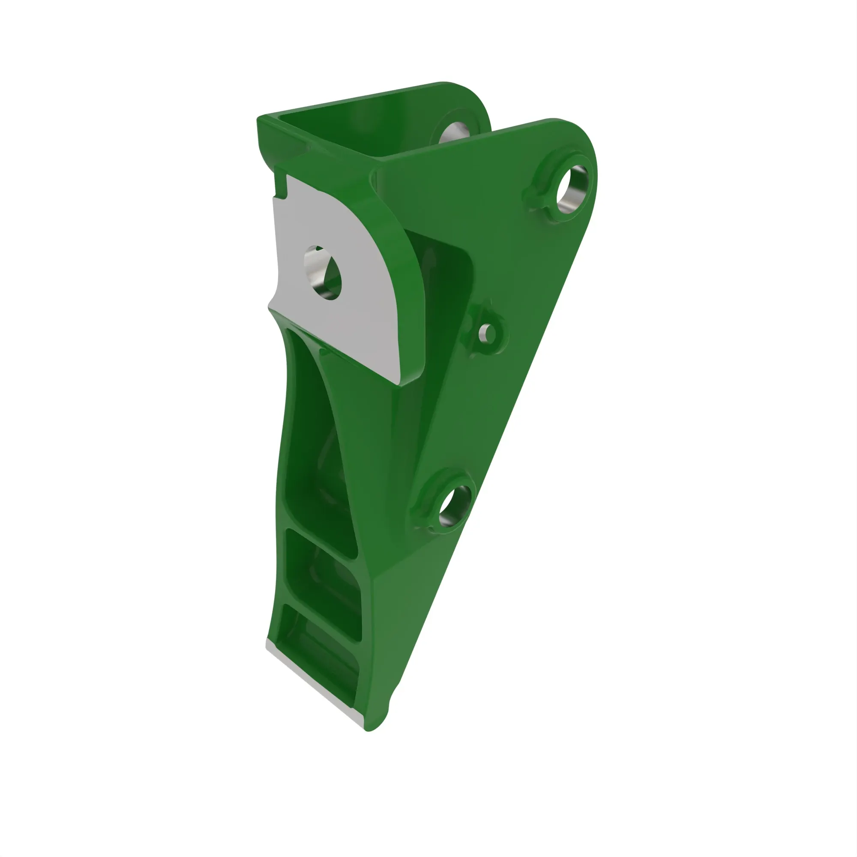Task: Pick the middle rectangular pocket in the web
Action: coord(322,577)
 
